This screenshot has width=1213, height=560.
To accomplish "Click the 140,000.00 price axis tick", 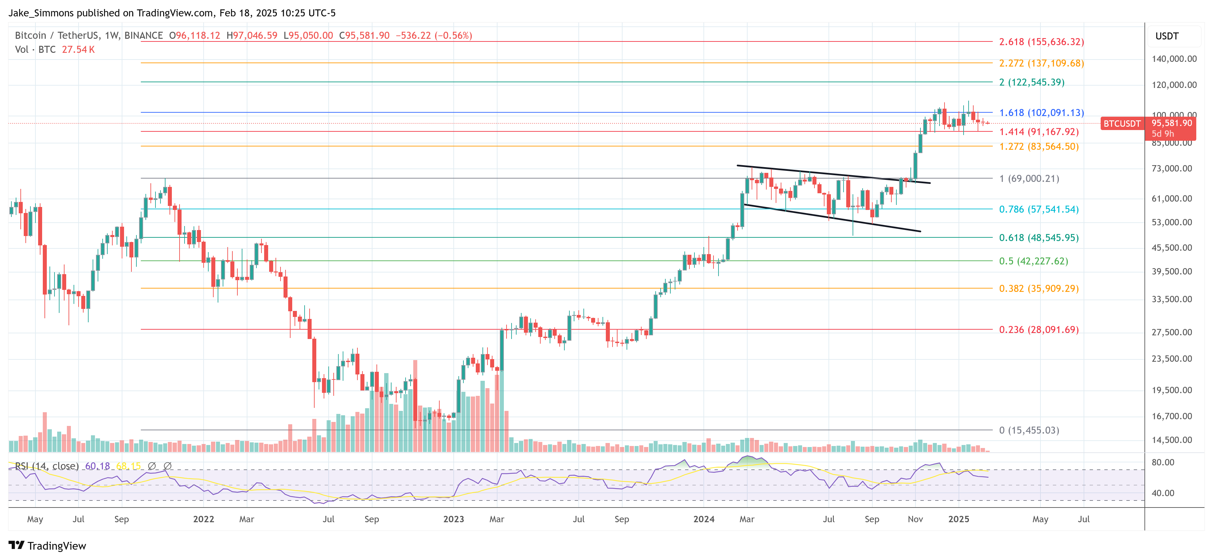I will (1174, 59).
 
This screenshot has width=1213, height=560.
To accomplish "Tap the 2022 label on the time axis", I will (203, 519).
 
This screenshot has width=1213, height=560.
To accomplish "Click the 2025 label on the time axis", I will (958, 519).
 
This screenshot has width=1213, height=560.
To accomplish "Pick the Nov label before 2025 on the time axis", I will (915, 519).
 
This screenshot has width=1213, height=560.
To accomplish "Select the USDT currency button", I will (1167, 36).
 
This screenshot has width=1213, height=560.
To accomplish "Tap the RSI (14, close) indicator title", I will (46, 466).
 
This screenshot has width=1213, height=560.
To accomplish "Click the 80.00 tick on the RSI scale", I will (1163, 462).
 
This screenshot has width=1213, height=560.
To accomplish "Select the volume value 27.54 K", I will (78, 49).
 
